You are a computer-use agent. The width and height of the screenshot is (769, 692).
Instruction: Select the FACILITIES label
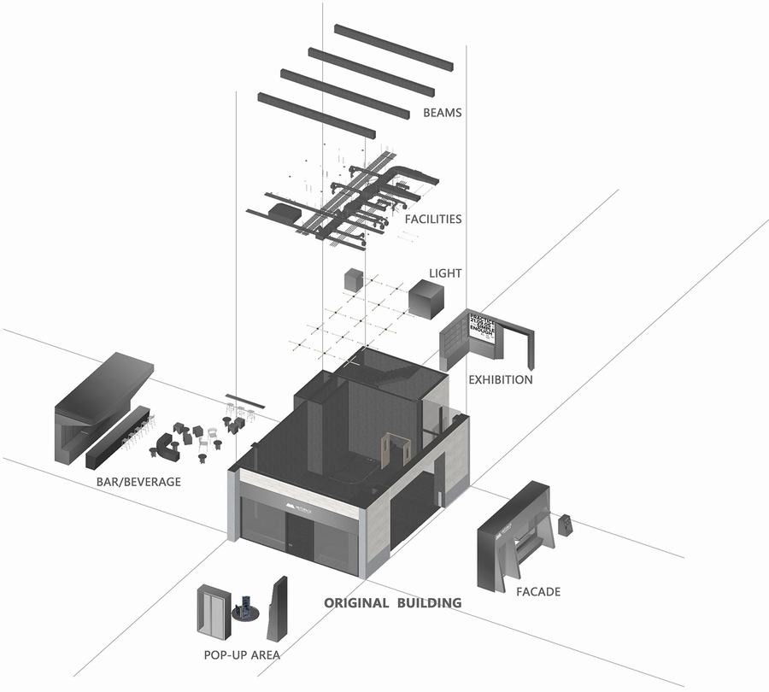(433, 220)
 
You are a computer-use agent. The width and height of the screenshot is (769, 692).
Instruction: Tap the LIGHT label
(445, 273)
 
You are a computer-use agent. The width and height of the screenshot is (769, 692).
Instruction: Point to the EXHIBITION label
(501, 379)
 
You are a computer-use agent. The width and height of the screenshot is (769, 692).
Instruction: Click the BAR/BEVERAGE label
(139, 482)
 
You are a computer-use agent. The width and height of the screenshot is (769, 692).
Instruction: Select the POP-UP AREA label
(242, 655)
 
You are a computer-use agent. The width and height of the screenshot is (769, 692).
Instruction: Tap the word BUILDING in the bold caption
(428, 603)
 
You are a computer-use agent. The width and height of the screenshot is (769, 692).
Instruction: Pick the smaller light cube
(353, 280)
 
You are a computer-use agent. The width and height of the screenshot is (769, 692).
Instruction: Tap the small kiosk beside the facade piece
(565, 525)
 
